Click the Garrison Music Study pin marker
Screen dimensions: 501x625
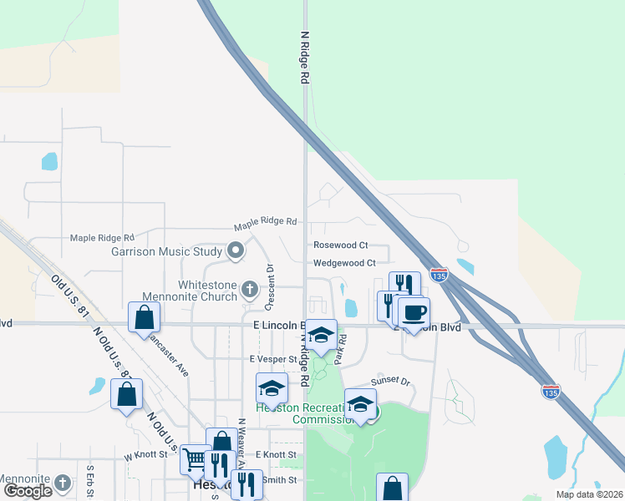click(236, 250)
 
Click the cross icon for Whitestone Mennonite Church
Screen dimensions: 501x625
click(249, 290)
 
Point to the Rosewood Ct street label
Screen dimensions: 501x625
click(340, 245)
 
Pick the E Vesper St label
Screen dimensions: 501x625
click(274, 358)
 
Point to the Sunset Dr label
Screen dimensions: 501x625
click(391, 381)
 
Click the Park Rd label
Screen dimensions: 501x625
click(340, 350)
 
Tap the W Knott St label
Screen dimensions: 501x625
click(152, 457)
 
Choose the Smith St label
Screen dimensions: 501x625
click(280, 480)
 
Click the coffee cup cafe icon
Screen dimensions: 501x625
click(414, 313)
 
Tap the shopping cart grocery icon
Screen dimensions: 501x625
click(194, 458)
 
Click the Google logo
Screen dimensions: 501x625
click(28, 491)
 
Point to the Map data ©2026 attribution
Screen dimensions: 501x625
click(588, 494)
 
